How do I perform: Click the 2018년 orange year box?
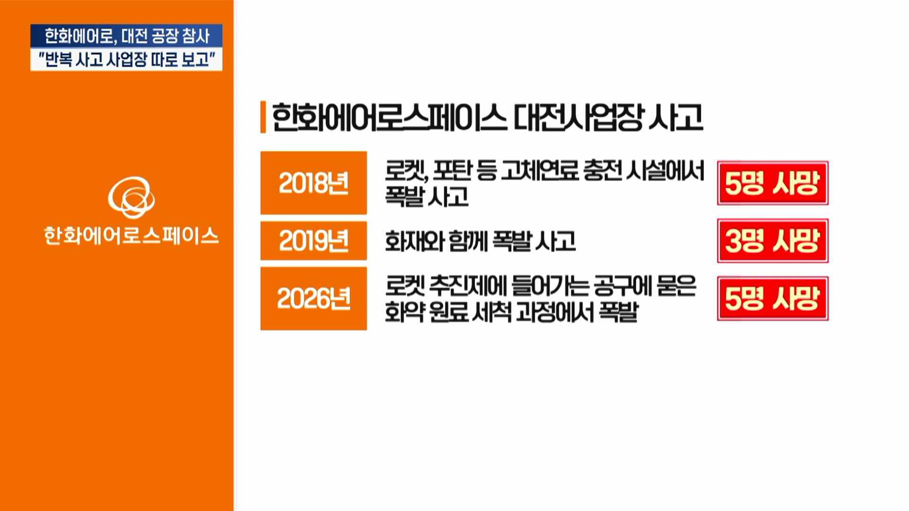[313, 183]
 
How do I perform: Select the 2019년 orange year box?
[313, 240]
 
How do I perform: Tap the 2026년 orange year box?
[313, 299]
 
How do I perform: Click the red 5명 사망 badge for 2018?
[773, 183]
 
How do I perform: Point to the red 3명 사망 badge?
[773, 241]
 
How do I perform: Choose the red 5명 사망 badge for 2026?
[773, 299]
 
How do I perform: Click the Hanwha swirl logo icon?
[131, 197]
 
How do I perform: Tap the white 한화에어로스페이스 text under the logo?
[131, 236]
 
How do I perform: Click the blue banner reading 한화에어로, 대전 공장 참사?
[126, 36]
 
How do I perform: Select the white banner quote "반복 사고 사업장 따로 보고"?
[126, 60]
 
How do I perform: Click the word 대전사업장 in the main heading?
[579, 117]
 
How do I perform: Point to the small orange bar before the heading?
[263, 117]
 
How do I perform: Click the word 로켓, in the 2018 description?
[407, 171]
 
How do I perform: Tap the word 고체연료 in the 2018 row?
[539, 171]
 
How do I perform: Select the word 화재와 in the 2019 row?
[415, 241]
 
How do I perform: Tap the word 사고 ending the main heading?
[676, 117]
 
